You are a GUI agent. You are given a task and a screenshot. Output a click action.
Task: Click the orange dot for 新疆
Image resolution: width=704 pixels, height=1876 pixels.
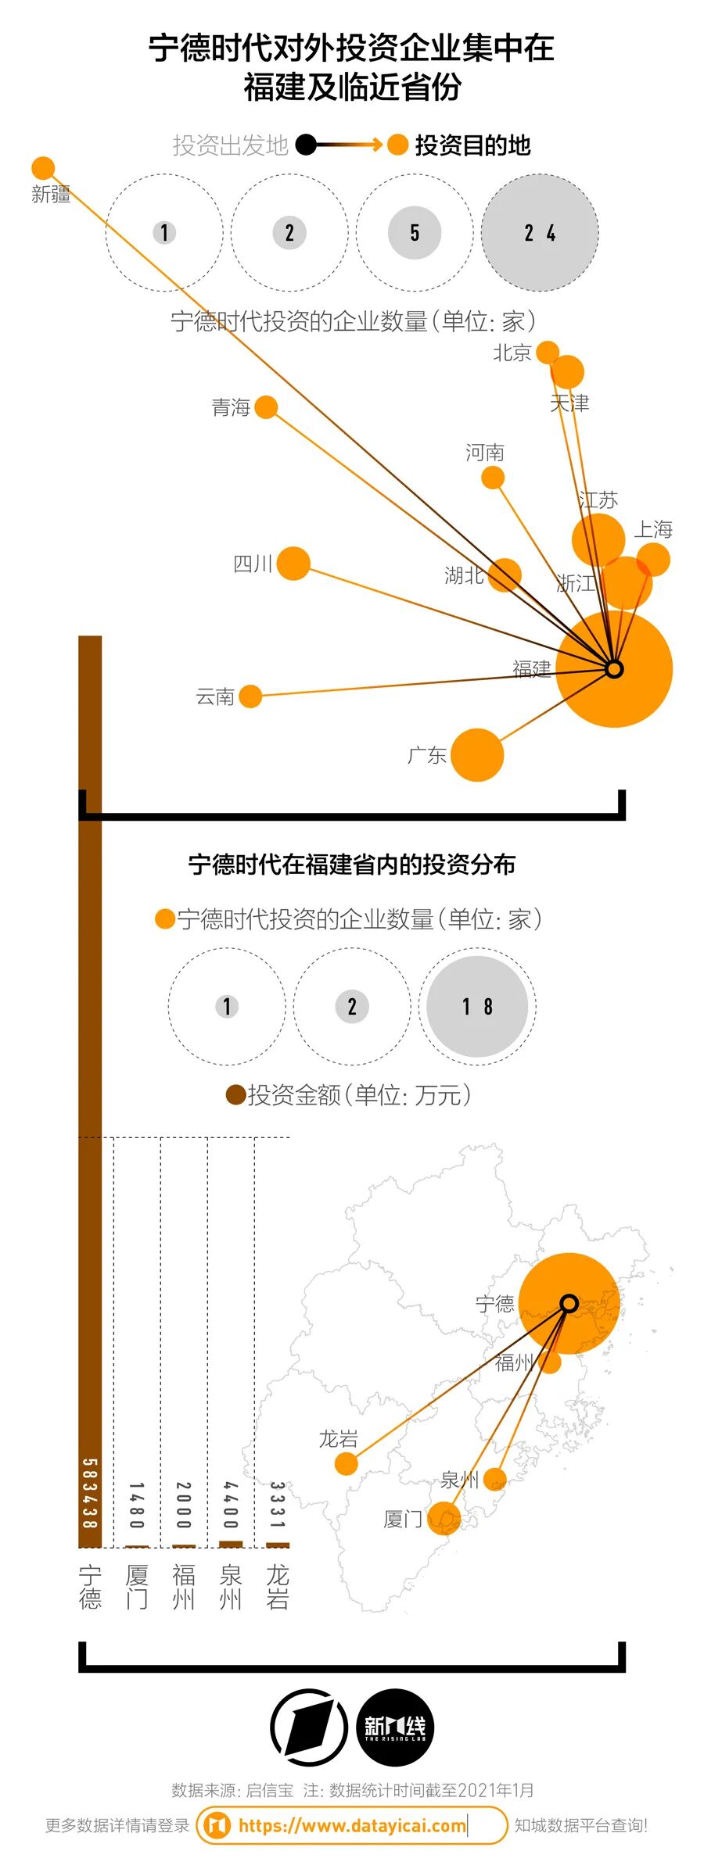tap(43, 168)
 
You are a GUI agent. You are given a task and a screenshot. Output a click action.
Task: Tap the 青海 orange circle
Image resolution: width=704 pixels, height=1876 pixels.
tap(266, 407)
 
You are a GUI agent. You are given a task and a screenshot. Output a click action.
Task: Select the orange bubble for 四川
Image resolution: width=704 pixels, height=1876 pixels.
tap(293, 564)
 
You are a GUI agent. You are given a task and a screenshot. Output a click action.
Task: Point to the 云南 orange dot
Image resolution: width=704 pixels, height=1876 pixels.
tap(250, 696)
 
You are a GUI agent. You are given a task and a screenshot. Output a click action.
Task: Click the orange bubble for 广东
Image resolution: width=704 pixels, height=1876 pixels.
tap(477, 755)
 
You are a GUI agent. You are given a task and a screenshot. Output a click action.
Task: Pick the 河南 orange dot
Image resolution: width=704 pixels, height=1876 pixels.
tap(493, 478)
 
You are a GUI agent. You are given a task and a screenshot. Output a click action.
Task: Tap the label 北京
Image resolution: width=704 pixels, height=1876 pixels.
tap(512, 353)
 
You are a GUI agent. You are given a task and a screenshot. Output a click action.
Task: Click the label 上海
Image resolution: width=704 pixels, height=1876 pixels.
tap(653, 530)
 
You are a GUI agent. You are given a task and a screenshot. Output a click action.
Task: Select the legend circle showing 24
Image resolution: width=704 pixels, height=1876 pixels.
tap(540, 233)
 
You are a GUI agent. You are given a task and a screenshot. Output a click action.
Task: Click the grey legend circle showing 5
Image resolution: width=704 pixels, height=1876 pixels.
tap(415, 233)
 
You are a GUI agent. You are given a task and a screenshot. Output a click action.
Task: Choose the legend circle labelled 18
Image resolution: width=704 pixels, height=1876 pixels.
tap(477, 1007)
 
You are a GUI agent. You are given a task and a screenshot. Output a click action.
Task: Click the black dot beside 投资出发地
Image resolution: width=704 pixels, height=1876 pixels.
tap(306, 145)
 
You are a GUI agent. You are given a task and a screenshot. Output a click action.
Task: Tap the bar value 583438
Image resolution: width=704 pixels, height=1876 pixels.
tap(90, 1493)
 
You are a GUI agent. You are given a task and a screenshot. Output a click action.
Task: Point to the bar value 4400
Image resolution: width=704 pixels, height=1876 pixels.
tap(231, 1505)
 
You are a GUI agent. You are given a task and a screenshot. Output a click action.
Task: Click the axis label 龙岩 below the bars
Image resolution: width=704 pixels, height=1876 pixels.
tap(278, 1587)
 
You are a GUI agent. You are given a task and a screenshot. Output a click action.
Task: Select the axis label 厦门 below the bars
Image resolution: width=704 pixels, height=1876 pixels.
tap(137, 1587)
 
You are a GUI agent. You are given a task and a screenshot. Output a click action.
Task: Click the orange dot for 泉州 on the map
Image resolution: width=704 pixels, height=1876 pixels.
tap(495, 1478)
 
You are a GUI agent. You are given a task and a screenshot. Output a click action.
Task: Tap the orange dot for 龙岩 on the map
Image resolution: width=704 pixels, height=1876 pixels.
tap(346, 1463)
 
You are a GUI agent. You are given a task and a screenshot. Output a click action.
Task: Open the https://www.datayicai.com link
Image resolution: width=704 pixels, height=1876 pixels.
tap(352, 1825)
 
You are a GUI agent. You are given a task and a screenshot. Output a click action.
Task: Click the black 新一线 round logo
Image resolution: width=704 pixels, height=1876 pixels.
tap(395, 1727)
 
